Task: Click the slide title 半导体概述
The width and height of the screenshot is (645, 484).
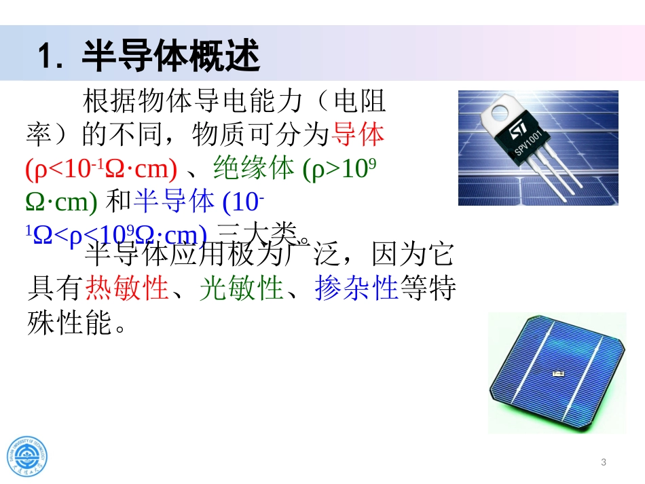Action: click(170, 55)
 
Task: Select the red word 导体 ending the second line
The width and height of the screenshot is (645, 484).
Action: click(357, 134)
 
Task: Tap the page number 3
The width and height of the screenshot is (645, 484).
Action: click(604, 463)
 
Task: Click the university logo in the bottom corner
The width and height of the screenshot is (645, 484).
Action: click(28, 453)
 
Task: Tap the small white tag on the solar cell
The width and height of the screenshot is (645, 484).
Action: click(558, 373)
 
